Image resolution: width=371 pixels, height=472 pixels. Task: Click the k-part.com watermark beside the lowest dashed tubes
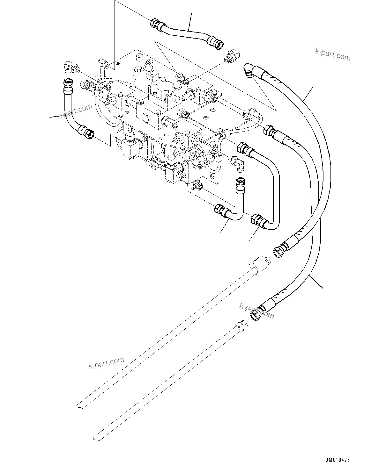coord(106,362)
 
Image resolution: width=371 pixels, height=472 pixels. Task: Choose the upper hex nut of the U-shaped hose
coord(243,148)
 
